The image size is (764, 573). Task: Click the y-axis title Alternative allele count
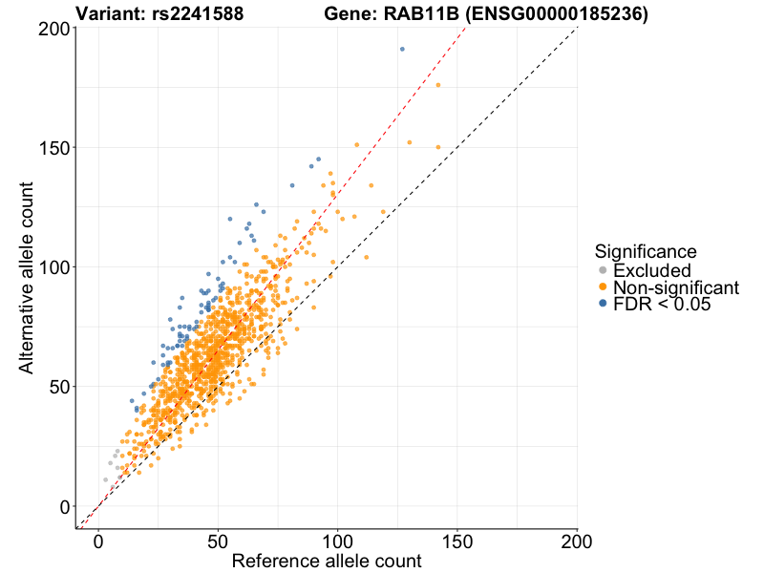[x=29, y=277]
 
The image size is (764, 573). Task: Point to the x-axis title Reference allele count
[x=327, y=561]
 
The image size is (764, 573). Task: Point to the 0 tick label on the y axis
[x=63, y=506]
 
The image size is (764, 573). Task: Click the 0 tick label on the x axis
[x=98, y=541]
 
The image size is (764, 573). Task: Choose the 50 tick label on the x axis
[x=218, y=541]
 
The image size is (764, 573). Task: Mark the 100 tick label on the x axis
[x=337, y=541]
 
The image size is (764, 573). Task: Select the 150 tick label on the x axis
[x=457, y=541]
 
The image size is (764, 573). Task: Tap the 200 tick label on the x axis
[x=577, y=541]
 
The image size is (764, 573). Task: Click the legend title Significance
[x=645, y=251]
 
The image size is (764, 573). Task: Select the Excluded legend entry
[x=651, y=270]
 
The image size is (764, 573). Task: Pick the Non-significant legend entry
[x=675, y=287]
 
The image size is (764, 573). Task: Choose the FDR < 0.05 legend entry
[x=662, y=304]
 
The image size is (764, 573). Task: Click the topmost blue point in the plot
[x=402, y=49]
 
